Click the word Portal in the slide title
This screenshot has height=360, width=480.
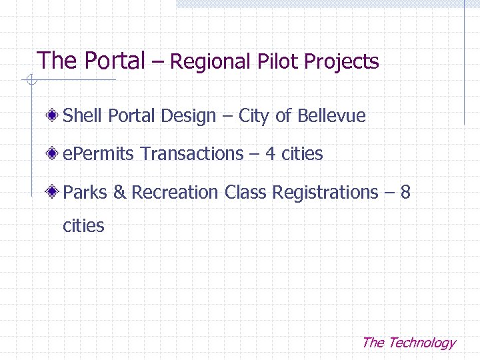(x=115, y=61)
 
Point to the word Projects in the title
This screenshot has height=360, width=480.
(x=341, y=63)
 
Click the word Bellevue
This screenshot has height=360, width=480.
(x=331, y=116)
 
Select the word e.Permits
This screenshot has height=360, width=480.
(x=99, y=154)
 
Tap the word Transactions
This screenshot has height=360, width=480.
(x=193, y=154)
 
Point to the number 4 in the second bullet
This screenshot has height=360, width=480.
(x=270, y=154)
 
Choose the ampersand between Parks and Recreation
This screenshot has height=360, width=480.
(x=119, y=193)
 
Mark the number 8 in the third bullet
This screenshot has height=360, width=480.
(x=405, y=193)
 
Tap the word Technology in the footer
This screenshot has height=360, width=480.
(x=421, y=343)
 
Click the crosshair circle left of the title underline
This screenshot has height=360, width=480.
(x=29, y=81)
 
